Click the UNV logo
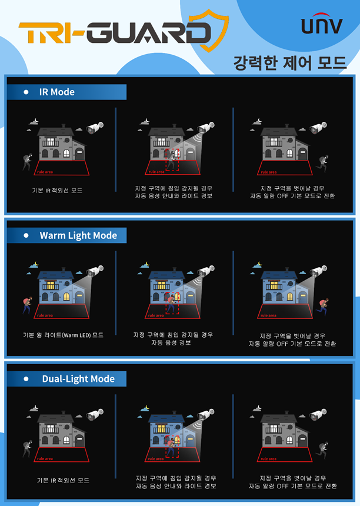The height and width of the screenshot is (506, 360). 322,24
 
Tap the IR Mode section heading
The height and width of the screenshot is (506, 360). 57,92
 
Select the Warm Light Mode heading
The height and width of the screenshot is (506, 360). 78,235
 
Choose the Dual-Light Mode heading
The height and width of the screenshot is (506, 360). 78,378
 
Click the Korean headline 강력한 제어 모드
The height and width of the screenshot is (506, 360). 289,62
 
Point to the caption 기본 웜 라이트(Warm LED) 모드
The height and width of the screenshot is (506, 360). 63,335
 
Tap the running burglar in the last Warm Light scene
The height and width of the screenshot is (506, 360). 323,306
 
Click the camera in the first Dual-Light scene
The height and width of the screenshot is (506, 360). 95,414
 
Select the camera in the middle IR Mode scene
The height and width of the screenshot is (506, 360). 206,127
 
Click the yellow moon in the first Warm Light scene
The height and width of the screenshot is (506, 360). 36,264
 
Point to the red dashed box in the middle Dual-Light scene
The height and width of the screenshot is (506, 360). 172,447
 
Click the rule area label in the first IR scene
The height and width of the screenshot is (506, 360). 45,172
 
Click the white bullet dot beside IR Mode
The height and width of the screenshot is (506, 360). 26,92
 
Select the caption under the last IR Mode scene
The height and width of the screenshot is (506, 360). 292,192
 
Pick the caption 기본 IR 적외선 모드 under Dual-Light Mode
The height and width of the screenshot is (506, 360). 63,480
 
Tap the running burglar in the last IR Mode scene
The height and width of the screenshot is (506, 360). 323,163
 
